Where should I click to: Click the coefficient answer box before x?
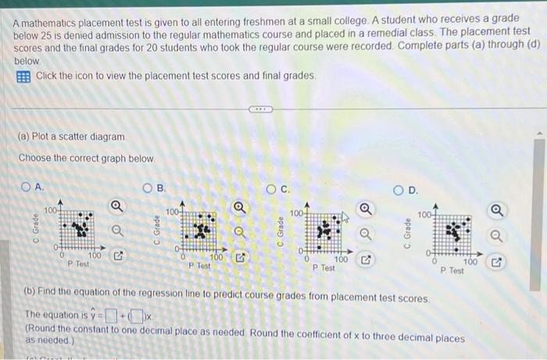pyautogui.click(x=138, y=315)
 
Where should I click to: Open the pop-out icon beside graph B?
pyautogui.click(x=242, y=255)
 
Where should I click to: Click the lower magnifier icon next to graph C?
pyautogui.click(x=364, y=232)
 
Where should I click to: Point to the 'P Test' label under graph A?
pyautogui.click(x=80, y=264)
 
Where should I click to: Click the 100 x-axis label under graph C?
pyautogui.click(x=341, y=259)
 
